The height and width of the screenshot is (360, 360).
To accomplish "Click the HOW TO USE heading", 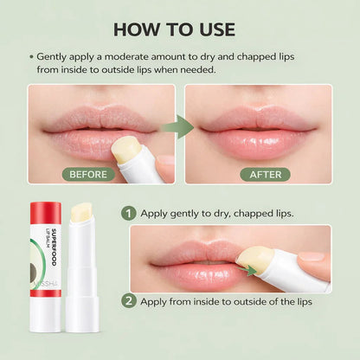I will point(180,29).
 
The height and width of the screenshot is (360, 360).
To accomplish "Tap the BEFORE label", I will point(89,174).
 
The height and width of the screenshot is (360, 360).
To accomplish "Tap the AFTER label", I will point(266,174).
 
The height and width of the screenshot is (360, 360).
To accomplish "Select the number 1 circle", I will point(129,212).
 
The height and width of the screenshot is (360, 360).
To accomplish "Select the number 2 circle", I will point(129,302).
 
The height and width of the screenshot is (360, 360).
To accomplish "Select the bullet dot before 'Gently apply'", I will point(30,55).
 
